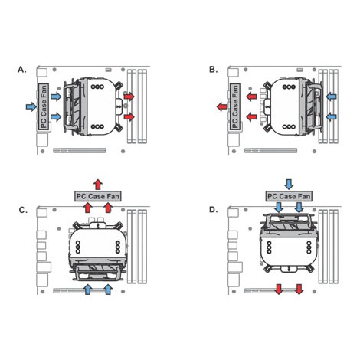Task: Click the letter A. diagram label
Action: (x=22, y=70)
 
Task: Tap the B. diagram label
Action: (x=213, y=70)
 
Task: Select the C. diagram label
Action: (x=23, y=210)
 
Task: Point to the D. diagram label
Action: (x=214, y=210)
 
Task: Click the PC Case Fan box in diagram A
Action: (x=44, y=107)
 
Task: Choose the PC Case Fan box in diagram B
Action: (x=234, y=107)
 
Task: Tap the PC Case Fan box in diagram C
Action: (x=98, y=196)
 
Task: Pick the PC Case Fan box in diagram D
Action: (x=289, y=196)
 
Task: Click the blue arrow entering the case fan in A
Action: (x=31, y=106)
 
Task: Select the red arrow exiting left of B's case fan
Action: (x=222, y=106)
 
